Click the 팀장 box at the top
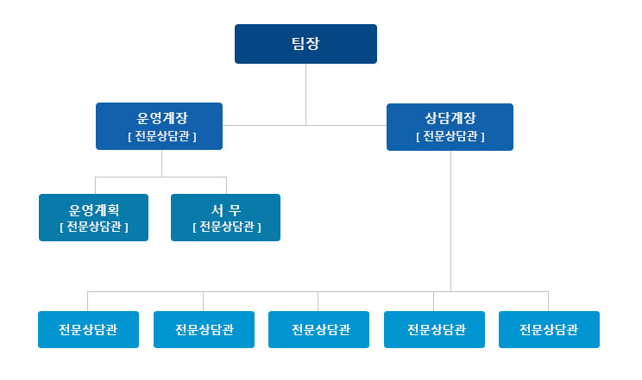(x=305, y=44)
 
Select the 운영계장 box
(x=160, y=126)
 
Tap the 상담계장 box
(x=450, y=127)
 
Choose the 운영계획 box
(x=94, y=218)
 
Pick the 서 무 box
(x=225, y=218)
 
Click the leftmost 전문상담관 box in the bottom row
(x=88, y=330)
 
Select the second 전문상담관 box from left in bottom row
(x=204, y=330)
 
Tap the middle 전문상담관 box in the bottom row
(x=319, y=330)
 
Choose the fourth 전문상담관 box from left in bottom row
(x=434, y=330)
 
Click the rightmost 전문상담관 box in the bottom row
(x=549, y=330)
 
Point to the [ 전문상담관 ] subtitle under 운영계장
(x=162, y=136)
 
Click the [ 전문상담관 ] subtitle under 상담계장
(x=450, y=136)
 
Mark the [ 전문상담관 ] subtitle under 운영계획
(x=94, y=227)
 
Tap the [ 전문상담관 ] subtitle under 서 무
(x=226, y=227)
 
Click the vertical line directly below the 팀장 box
(x=305, y=95)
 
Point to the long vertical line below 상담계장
(x=450, y=221)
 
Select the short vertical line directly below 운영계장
(x=161, y=163)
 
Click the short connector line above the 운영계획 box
(x=96, y=185)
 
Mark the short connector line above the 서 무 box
(x=226, y=185)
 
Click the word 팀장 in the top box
(x=305, y=43)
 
